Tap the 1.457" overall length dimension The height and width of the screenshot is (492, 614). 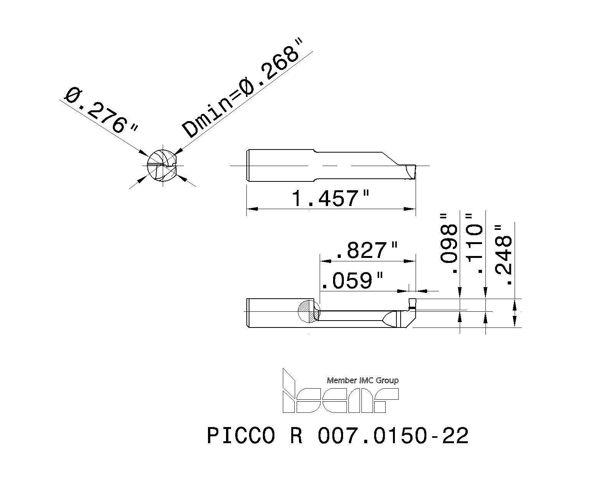tap(330, 198)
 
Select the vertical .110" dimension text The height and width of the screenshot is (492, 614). tap(474, 244)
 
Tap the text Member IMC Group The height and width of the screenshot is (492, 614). tap(363, 381)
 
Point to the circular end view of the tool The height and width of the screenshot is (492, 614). tap(163, 166)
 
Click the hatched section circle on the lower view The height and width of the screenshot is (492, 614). tap(309, 311)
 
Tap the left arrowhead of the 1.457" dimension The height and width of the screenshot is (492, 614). tap(250, 209)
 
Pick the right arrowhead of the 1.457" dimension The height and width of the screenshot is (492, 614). tap(412, 209)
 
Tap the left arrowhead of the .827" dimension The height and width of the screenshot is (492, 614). tap(325, 261)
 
